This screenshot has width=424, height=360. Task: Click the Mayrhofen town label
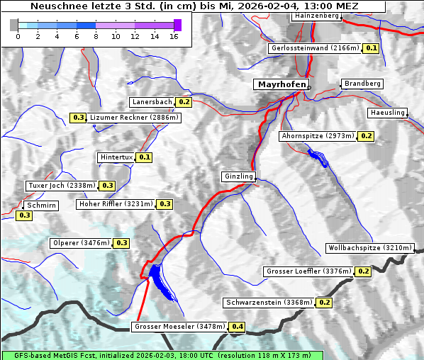(281, 84)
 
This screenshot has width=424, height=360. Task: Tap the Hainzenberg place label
(317, 15)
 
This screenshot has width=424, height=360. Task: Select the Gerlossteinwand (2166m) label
(315, 48)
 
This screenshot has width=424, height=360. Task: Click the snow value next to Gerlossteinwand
(371, 48)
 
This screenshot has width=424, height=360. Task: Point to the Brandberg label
(362, 84)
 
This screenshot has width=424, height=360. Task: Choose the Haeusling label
(387, 113)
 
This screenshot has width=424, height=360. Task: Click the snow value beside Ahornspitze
(366, 135)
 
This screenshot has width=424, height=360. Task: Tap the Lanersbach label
(152, 102)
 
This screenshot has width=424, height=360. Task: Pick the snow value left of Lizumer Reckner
(78, 118)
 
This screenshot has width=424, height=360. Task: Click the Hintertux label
(116, 157)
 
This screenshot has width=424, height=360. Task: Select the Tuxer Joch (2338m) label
(61, 186)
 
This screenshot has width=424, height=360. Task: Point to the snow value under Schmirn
(24, 215)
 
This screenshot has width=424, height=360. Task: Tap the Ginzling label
(238, 176)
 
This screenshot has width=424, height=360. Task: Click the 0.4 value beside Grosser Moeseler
(237, 327)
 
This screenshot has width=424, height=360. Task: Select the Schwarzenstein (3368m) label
(269, 303)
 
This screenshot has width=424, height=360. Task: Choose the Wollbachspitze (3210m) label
(369, 248)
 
